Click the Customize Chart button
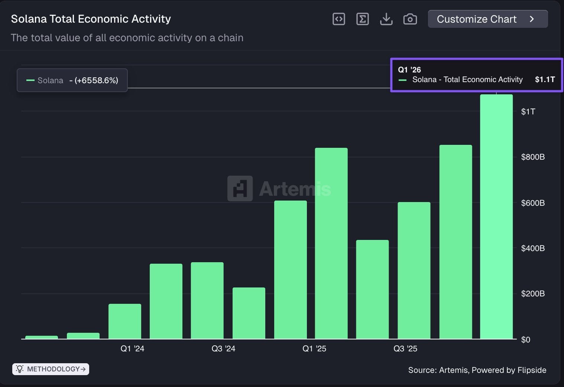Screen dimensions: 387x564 coord(487,19)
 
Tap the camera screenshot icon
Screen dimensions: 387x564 coord(410,19)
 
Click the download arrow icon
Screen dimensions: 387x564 coord(386,19)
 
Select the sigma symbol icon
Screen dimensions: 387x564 coord(362,19)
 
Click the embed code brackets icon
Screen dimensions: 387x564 coord(338,19)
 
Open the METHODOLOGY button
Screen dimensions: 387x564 coord(51,369)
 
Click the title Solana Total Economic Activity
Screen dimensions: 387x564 coord(91,19)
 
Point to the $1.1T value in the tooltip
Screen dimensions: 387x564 coord(545,79)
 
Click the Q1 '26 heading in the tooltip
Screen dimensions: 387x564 coord(409,70)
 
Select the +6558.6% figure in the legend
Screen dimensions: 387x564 coord(96,81)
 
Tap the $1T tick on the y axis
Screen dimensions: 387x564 coord(528,111)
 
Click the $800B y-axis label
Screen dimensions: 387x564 coord(533,157)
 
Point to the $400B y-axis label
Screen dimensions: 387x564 coord(533,248)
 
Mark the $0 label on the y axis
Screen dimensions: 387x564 coord(525,339)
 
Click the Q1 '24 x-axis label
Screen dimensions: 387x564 coord(132,349)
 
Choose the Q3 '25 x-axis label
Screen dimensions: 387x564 coord(405,349)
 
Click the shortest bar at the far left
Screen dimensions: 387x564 coord(42,337)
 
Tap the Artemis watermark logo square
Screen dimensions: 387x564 coord(240,188)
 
